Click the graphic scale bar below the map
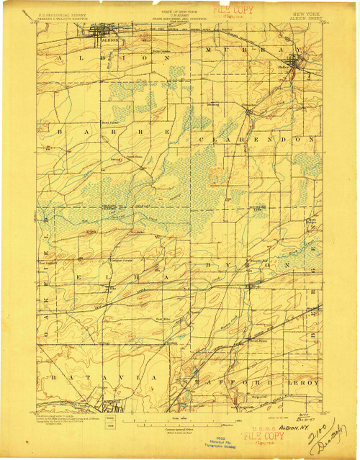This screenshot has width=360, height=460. point(180,420)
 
